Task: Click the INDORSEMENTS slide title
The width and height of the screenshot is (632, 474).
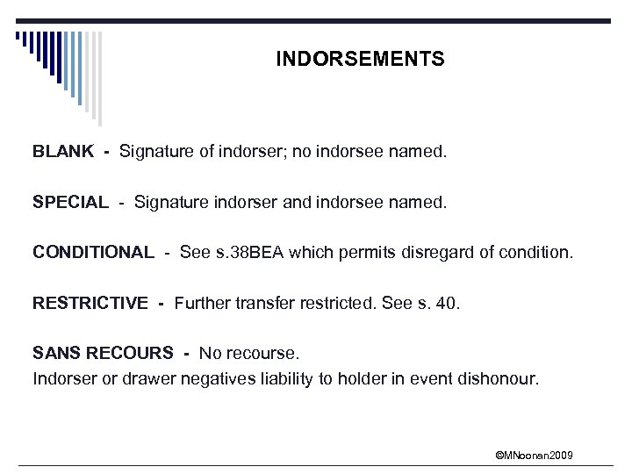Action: coord(360,60)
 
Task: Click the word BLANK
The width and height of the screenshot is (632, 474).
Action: coord(63,152)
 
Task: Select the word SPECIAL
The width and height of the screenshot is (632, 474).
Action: coord(70,203)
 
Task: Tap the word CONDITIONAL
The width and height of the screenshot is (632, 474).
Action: coord(93,253)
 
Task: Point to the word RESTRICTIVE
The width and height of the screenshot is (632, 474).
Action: coord(90,304)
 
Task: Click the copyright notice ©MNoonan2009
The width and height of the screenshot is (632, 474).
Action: coord(535,455)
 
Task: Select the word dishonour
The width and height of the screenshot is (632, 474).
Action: coord(501,379)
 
